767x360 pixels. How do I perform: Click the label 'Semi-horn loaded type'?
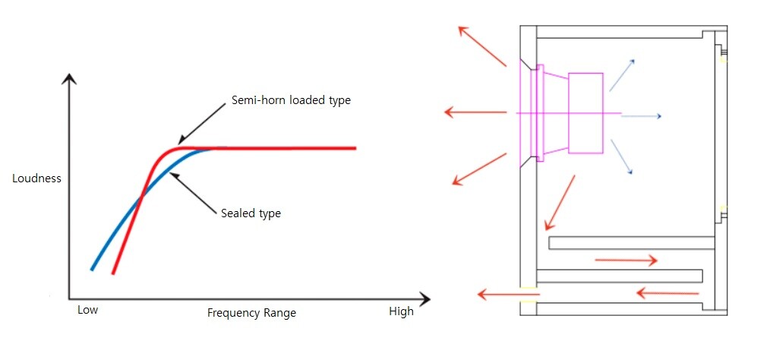tap(291, 100)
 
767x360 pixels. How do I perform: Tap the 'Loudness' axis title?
tap(36, 179)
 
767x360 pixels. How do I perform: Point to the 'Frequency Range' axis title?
tap(251, 313)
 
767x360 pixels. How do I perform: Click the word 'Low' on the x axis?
tap(88, 311)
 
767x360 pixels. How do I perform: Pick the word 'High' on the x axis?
tap(401, 311)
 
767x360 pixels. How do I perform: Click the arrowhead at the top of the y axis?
tap(69, 78)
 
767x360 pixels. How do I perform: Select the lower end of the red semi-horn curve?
tap(114, 272)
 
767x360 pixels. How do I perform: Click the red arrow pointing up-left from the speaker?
tap(481, 45)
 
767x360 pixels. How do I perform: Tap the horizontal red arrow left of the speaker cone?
tap(475, 113)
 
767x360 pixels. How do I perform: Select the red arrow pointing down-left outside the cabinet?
tap(478, 169)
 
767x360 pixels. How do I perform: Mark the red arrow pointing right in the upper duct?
tap(626, 261)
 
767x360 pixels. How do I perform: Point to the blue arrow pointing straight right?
tap(642, 116)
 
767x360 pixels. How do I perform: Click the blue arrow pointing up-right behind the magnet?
tap(623, 74)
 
